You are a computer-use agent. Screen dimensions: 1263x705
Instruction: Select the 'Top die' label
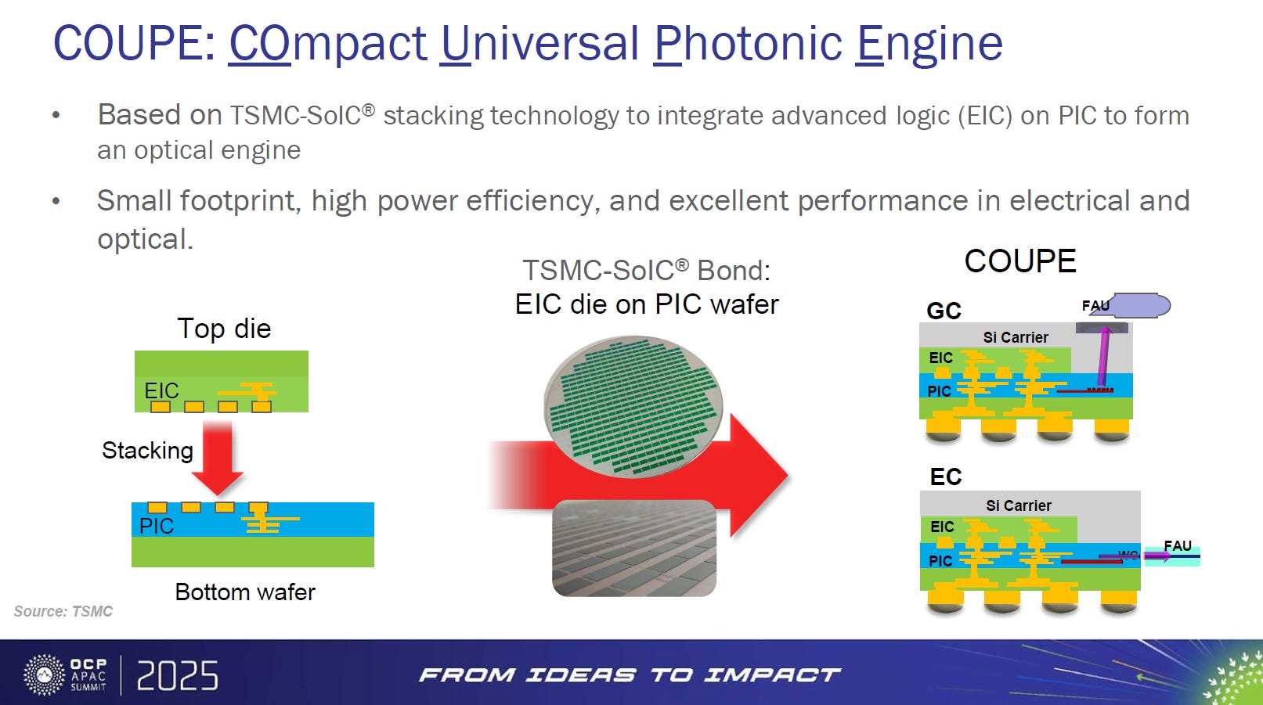coord(225,329)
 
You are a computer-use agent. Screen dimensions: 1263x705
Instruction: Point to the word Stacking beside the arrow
coord(148,451)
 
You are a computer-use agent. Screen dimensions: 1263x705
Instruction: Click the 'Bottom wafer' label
coord(245,592)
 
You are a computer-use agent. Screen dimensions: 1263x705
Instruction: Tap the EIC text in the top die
coord(161,390)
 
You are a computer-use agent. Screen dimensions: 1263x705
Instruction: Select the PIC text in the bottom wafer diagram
coord(156,526)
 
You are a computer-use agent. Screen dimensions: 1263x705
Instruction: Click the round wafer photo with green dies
coord(633,407)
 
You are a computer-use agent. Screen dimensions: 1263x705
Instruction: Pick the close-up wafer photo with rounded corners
coord(634,548)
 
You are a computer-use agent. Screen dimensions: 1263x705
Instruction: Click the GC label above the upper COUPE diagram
coord(944,311)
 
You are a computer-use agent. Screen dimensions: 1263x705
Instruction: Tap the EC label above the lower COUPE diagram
coord(946,477)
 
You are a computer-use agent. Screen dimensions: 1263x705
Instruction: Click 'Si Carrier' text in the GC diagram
coord(1016,337)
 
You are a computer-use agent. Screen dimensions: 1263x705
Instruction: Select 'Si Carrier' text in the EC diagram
coord(1018,505)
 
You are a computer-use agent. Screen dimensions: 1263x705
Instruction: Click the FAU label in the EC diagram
coord(1178,545)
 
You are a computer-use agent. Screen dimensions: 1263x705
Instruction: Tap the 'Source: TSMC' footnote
coord(63,611)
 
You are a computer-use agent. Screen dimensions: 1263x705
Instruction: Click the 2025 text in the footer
coord(177,675)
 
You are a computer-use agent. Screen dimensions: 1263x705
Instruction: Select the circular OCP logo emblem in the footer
coord(44,674)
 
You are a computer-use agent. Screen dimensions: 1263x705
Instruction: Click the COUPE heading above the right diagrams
coord(1020,261)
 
